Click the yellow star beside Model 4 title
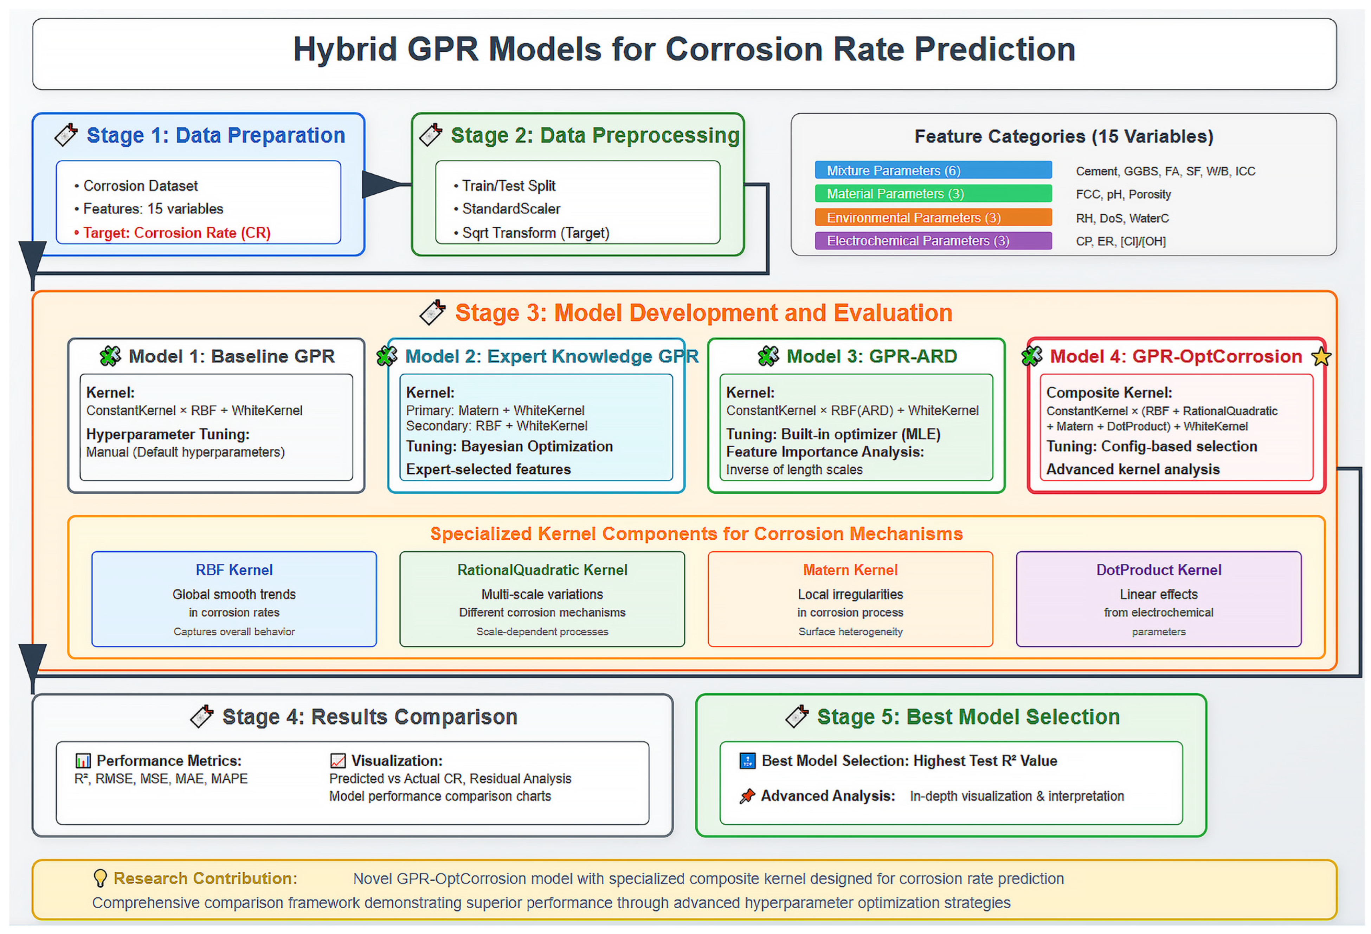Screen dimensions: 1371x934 [1321, 357]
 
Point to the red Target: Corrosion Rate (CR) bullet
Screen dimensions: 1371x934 [172, 233]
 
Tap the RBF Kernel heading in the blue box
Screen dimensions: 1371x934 [234, 570]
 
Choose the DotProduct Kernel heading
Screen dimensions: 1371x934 [1159, 570]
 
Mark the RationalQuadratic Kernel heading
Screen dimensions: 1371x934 [542, 570]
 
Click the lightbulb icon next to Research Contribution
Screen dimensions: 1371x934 [100, 878]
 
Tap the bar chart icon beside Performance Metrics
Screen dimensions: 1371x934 [83, 761]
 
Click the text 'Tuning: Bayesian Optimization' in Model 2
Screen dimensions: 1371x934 [509, 446]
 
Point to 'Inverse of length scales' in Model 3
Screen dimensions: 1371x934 [794, 470]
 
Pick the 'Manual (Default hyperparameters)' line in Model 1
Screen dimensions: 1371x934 [185, 452]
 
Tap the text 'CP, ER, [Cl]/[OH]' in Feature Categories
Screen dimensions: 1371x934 [1121, 241]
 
